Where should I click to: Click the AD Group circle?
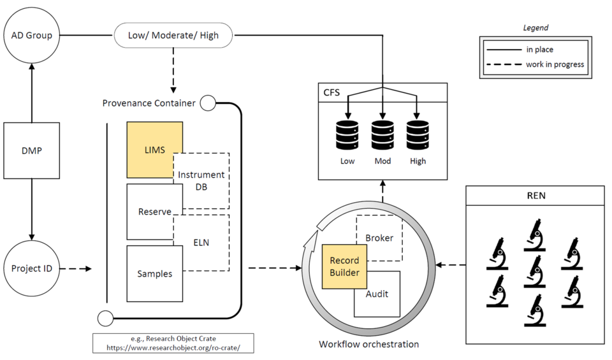tap(31, 35)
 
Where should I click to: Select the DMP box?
tap(31, 150)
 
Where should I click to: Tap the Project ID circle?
tap(31, 268)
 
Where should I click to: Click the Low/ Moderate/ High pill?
tap(173, 35)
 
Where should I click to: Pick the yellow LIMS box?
tap(154, 150)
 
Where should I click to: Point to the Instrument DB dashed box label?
tap(201, 180)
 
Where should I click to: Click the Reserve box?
tap(154, 211)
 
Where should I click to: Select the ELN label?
tap(201, 242)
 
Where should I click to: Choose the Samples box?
tap(154, 273)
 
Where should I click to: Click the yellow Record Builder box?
tap(344, 266)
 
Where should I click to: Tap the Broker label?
tap(379, 238)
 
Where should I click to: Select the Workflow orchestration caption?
tap(368, 345)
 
